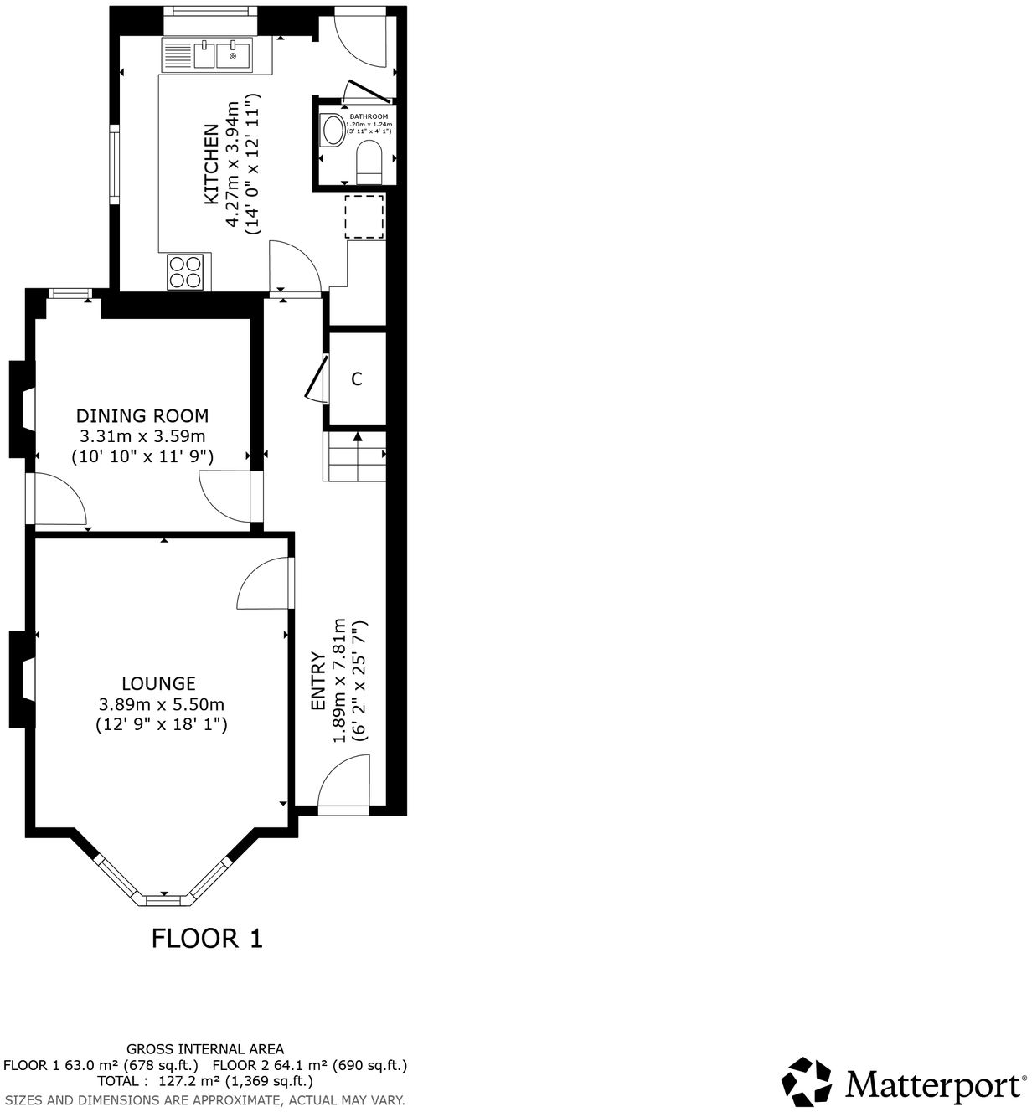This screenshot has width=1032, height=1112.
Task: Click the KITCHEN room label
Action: click(x=211, y=164)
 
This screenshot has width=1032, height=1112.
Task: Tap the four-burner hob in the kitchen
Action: click(x=186, y=271)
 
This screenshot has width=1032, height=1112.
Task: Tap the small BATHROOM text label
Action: click(x=369, y=116)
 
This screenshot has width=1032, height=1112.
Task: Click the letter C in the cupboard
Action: click(x=357, y=379)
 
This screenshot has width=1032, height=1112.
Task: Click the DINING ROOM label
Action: click(x=142, y=415)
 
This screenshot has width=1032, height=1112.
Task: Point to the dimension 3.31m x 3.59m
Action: click(x=142, y=436)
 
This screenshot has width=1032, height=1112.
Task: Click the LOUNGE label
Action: click(x=158, y=683)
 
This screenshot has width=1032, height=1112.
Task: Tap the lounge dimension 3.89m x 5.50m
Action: click(x=162, y=704)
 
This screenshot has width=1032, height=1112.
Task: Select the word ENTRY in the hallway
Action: click(x=317, y=681)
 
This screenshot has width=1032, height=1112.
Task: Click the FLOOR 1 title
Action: click(x=207, y=938)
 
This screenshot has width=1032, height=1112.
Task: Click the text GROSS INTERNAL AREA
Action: click(x=205, y=1048)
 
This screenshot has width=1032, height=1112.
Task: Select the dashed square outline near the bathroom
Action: click(x=364, y=217)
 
